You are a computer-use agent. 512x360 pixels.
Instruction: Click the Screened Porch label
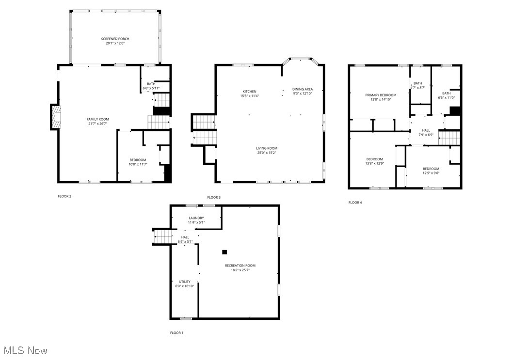115,39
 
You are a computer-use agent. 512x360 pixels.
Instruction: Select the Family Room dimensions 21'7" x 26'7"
97,123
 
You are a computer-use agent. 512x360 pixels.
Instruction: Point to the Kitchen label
250,92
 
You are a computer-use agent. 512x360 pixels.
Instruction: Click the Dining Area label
302,89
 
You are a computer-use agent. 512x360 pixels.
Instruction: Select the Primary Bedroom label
381,95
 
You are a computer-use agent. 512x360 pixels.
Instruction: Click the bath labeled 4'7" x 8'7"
418,83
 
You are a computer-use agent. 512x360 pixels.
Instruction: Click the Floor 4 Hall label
426,130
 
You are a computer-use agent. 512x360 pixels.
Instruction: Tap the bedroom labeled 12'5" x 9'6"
431,169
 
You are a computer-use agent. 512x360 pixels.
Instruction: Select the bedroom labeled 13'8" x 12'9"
374,159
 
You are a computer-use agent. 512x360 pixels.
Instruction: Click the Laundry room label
196,218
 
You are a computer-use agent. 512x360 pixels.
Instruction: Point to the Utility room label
185,282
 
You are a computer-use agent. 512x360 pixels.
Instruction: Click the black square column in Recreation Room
224,252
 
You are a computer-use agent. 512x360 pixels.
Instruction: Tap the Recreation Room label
240,266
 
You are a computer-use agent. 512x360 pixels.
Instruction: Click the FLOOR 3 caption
214,198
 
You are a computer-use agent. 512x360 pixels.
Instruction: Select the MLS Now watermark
25,350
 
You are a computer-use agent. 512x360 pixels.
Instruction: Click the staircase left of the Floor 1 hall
163,237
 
